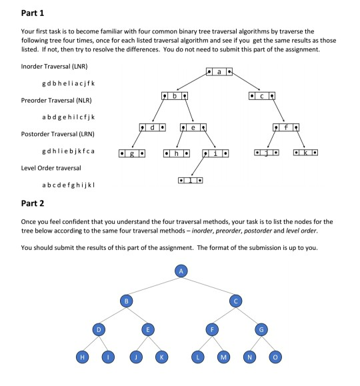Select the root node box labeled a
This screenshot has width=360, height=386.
coord(218,71)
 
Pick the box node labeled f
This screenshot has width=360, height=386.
coord(285,127)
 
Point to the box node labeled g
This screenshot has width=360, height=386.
coord(131,154)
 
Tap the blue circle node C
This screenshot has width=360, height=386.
coord(235,301)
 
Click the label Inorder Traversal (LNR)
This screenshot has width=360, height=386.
coord(55,67)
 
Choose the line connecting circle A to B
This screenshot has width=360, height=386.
coord(151,285)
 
